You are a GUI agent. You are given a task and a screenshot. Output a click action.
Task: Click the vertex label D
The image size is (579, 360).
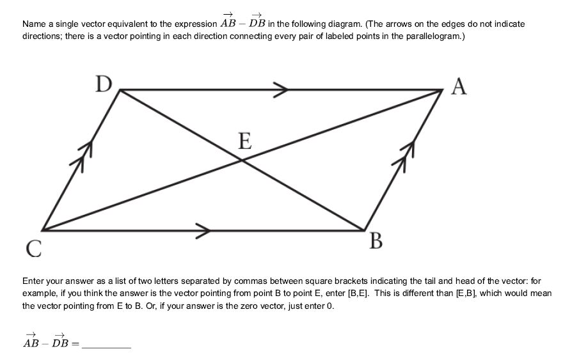pyautogui.click(x=104, y=84)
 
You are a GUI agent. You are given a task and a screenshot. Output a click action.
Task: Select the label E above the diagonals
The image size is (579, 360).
pyautogui.click(x=244, y=141)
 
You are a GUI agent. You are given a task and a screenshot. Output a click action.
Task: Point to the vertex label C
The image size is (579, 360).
pyautogui.click(x=34, y=247)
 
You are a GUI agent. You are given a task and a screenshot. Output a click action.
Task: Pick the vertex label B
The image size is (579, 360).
pyautogui.click(x=376, y=241)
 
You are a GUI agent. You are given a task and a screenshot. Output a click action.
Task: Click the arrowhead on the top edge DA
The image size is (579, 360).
pyautogui.click(x=281, y=90)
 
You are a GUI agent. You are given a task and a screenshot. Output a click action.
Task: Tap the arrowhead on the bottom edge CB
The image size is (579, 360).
pyautogui.click(x=203, y=230)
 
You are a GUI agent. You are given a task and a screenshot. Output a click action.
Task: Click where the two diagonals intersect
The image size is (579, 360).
pyautogui.click(x=242, y=160)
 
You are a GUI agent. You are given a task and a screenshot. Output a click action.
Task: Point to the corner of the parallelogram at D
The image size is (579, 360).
pyautogui.click(x=120, y=90)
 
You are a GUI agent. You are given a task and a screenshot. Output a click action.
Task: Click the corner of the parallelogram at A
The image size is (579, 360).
pyautogui.click(x=443, y=90)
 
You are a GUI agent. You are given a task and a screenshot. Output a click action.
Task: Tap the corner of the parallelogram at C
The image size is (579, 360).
pyautogui.click(x=42, y=230)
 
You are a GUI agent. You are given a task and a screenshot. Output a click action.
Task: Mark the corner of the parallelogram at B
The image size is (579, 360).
pyautogui.click(x=364, y=230)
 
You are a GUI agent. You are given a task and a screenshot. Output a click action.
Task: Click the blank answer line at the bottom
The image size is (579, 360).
pyautogui.click(x=106, y=345)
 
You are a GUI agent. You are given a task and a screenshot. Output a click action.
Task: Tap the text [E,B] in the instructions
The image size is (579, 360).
pyautogui.click(x=469, y=293)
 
